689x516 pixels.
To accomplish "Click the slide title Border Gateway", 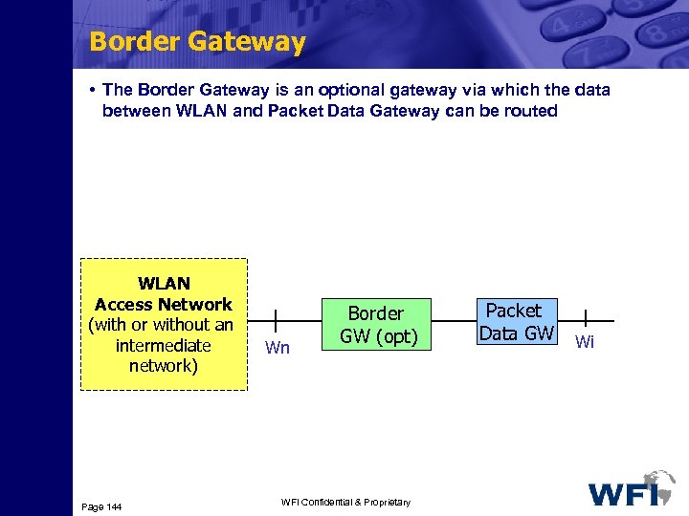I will pos(197,42).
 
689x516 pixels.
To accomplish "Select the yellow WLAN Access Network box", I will pos(164,325).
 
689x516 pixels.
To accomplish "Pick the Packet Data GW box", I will pos(517,322).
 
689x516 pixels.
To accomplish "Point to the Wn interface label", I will pos(278,348).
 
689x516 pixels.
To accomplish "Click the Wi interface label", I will pos(585,342).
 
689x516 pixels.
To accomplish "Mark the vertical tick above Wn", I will pos(277,321).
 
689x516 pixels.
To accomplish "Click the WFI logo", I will pos(632,489).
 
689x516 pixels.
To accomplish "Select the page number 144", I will pos(101,505).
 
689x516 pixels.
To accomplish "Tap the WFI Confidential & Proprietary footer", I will pos(345,503).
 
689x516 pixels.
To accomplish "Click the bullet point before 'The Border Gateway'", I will pos(89,90).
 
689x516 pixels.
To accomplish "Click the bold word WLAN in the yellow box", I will pos(164,284).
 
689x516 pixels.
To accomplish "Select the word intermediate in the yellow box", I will pos(163,345).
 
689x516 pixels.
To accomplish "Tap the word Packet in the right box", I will pos(514,311).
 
